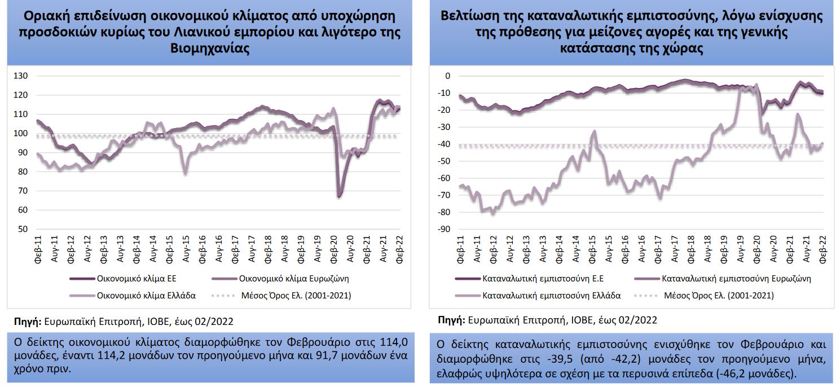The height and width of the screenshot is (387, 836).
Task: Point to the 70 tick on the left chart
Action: point(22,191)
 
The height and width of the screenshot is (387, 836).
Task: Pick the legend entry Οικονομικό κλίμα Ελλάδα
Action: point(146,295)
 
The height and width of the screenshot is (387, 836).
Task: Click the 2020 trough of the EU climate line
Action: point(340,196)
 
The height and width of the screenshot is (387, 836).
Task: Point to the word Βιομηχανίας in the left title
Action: point(209,48)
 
